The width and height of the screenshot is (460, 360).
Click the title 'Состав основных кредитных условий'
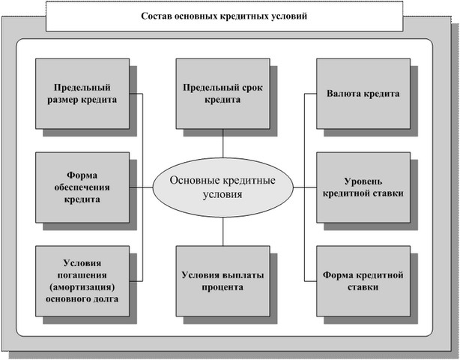pos(224,16)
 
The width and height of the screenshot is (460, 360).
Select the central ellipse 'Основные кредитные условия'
pos(223,187)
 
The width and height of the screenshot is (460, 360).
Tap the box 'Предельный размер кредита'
pos(82,94)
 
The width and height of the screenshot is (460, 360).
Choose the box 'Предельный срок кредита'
pos(223,94)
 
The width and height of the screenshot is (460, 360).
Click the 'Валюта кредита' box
pos(363,94)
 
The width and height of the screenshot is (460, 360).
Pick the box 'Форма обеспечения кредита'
pos(82,187)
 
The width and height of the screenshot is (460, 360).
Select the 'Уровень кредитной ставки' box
pos(363,187)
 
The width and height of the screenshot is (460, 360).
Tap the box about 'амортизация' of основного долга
pos(82,281)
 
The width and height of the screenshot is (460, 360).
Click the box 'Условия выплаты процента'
pos(223,281)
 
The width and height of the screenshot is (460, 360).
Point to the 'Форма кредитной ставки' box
pos(363,281)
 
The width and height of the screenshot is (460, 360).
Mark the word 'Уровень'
pos(363,181)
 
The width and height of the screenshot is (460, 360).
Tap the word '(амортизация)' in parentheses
pos(82,287)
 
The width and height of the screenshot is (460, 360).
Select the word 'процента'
pos(223,287)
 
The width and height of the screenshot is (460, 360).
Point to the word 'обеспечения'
pos(82,187)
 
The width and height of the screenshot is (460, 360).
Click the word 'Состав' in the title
pos(156,16)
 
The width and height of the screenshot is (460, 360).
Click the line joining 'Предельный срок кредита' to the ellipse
pos(223,143)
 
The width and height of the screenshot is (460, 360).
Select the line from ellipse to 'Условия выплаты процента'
pos(223,232)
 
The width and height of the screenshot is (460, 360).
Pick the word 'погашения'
pos(82,275)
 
